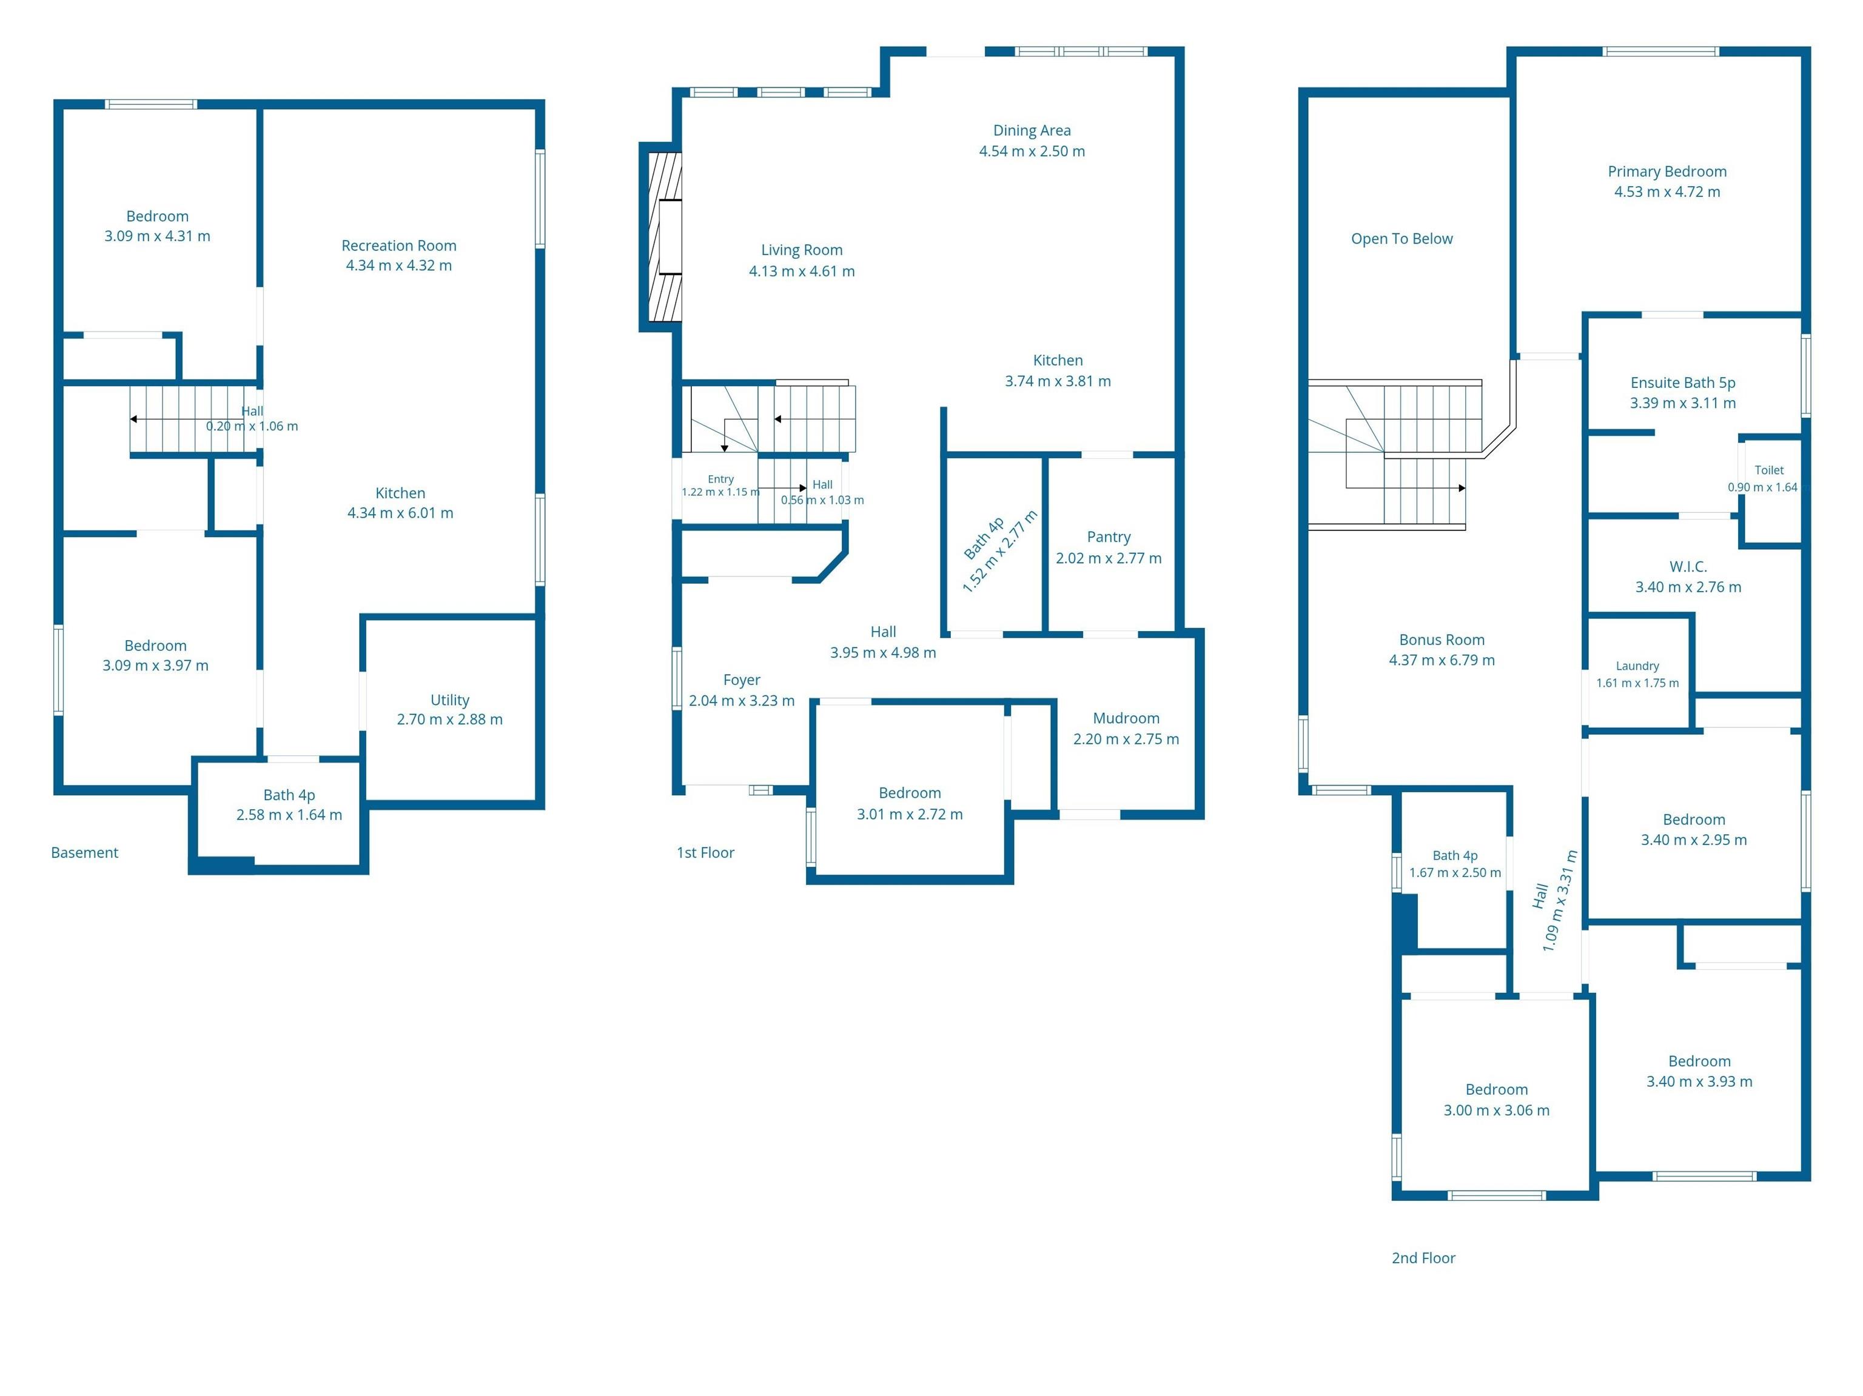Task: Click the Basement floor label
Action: pyautogui.click(x=84, y=852)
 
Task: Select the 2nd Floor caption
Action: pyautogui.click(x=1423, y=1258)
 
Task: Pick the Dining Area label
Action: pyautogui.click(x=1032, y=130)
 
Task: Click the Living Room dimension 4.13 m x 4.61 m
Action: pyautogui.click(x=802, y=271)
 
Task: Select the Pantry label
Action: pyautogui.click(x=1109, y=537)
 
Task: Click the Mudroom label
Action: pyautogui.click(x=1126, y=718)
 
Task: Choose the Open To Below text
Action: pyautogui.click(x=1401, y=238)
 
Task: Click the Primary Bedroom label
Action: pyautogui.click(x=1667, y=171)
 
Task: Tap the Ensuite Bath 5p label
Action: pyautogui.click(x=1683, y=382)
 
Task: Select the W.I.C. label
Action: pyautogui.click(x=1688, y=567)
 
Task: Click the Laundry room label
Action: pyautogui.click(x=1637, y=666)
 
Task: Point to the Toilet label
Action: pyautogui.click(x=1768, y=470)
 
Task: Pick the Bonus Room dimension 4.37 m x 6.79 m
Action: pyautogui.click(x=1442, y=660)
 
